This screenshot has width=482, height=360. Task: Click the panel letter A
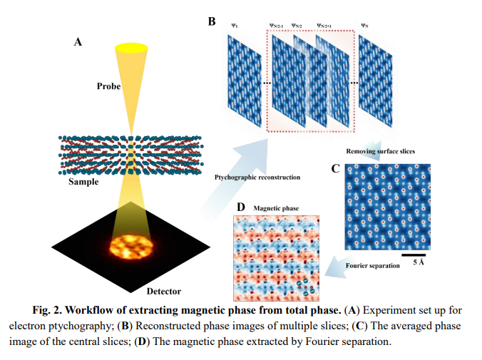pyautogui.click(x=78, y=42)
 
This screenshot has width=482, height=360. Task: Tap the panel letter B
pyautogui.click(x=211, y=21)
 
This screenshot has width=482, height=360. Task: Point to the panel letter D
pyautogui.click(x=241, y=207)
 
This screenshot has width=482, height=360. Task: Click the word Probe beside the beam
pyautogui.click(x=109, y=86)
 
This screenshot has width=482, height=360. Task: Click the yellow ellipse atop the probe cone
pyautogui.click(x=133, y=48)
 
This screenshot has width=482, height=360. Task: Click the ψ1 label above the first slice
pyautogui.click(x=235, y=26)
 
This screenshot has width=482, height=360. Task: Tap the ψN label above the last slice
pyautogui.click(x=364, y=26)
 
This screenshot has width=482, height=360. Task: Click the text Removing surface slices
pyautogui.click(x=381, y=151)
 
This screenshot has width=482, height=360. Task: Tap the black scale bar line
pyautogui.click(x=414, y=254)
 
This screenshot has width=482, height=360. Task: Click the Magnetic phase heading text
pyautogui.click(x=277, y=208)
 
